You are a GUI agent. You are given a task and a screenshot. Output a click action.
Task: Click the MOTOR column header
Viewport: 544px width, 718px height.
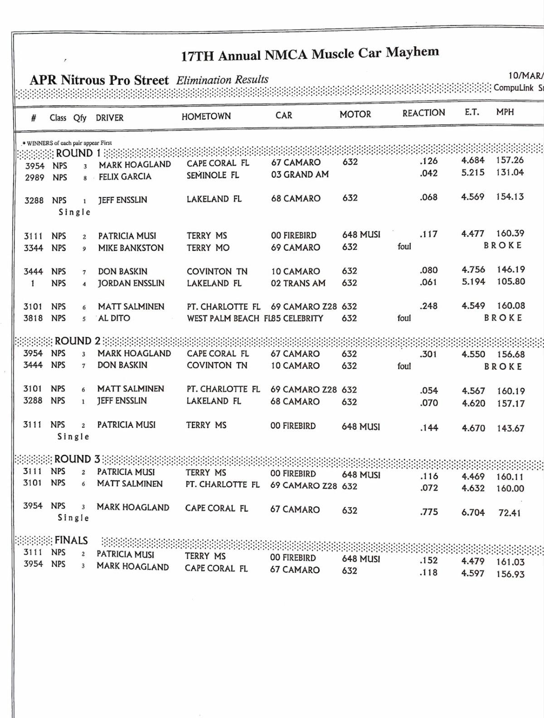[x=355, y=114]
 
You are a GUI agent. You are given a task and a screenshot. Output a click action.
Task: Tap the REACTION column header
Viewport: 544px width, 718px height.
[x=423, y=113]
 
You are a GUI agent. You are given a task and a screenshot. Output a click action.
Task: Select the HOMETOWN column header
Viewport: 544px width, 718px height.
[x=206, y=117]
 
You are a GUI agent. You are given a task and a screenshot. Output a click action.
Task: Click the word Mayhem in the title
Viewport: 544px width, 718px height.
[x=412, y=52]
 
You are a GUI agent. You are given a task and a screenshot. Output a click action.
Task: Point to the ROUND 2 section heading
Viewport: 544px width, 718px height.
[x=78, y=341]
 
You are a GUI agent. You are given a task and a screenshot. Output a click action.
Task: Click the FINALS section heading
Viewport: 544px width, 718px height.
[x=71, y=540]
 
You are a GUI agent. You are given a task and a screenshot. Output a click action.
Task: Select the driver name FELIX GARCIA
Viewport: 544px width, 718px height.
[x=125, y=176]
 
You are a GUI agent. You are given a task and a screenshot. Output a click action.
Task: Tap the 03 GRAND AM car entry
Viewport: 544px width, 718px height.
[x=300, y=174]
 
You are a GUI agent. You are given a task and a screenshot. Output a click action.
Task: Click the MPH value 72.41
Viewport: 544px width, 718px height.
[x=510, y=513]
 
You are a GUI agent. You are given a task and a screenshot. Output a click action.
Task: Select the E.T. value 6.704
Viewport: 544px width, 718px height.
[x=473, y=513]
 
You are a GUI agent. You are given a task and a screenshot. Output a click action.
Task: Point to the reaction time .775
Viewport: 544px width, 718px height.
[x=429, y=512]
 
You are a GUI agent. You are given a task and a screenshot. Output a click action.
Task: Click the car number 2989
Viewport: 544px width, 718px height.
[x=34, y=177]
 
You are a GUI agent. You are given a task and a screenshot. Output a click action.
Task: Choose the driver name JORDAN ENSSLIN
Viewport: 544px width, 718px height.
[x=131, y=283]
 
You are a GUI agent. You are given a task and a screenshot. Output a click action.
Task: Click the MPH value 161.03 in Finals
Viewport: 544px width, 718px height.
[x=510, y=562]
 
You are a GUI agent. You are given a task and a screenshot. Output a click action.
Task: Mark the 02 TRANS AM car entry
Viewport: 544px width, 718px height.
[x=298, y=283]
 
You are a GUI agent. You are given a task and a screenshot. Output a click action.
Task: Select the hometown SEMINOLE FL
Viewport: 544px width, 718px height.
[x=213, y=175]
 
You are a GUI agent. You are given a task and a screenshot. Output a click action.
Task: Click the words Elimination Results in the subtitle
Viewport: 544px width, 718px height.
[x=222, y=80]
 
